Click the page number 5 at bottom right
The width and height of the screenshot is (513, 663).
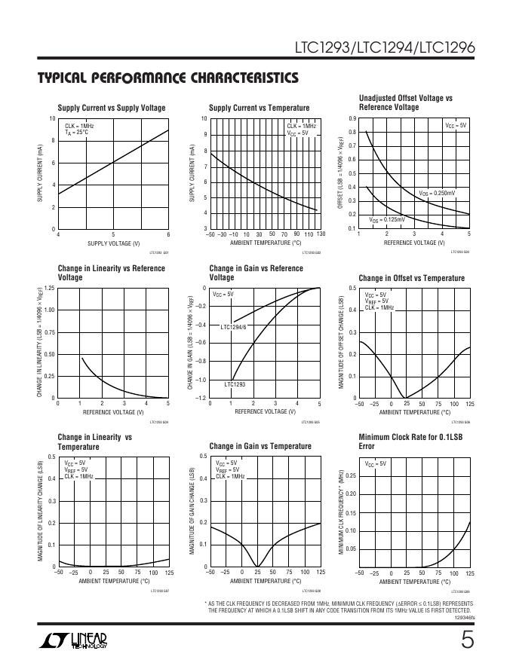coord(468,640)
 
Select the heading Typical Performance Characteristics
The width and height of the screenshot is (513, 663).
coord(167,78)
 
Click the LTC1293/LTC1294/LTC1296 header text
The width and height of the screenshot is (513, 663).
coord(385,49)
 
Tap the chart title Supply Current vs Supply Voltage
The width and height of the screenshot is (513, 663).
coord(112,108)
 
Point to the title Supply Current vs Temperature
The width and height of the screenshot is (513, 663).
coord(259,108)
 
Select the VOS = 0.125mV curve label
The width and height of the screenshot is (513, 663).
coord(387,219)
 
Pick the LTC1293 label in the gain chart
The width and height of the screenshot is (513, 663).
coord(235,384)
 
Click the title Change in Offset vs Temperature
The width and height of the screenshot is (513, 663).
coord(412,278)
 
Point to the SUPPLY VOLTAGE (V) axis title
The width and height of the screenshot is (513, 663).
coord(114,243)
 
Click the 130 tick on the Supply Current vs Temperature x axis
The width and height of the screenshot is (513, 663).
coord(321,234)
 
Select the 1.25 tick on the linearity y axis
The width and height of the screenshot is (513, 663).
coord(50,289)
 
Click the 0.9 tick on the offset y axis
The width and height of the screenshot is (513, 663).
coord(352,119)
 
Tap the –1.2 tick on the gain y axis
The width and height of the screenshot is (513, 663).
coord(201,398)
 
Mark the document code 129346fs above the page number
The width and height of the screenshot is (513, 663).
coord(465,617)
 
